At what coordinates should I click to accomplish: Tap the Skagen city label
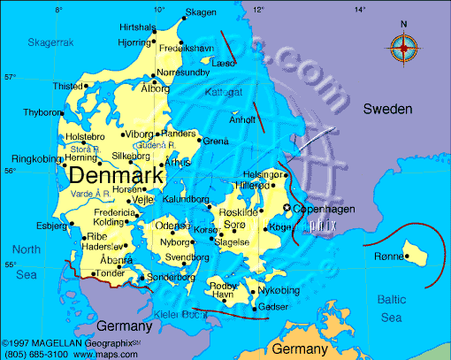pos(200,12)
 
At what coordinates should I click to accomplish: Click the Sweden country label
pos(387,109)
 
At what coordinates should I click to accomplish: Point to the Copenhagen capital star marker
pos(286,208)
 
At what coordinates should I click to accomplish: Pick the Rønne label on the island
pos(388,257)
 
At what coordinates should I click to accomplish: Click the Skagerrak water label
pos(50,42)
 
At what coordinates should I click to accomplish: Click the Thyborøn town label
pos(41,113)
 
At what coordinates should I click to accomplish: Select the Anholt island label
pos(241,120)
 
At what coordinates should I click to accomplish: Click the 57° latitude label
pos(10,77)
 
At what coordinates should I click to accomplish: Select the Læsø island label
pos(223,64)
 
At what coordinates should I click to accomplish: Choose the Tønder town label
pos(110,273)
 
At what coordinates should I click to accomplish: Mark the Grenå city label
pos(216,142)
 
